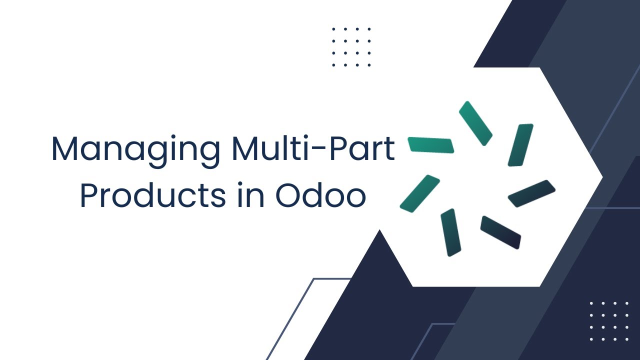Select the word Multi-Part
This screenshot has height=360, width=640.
tap(313, 148)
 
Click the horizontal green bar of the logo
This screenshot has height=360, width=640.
tap(431, 145)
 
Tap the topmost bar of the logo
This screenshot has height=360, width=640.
tap(475, 123)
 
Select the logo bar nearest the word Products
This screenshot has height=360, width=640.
tap(419, 193)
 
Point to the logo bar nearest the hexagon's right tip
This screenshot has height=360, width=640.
tap(531, 193)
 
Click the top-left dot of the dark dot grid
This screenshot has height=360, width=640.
tap(333, 29)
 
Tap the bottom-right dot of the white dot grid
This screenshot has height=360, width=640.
tap(627, 339)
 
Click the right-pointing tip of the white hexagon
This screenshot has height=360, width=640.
tap(602, 177)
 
